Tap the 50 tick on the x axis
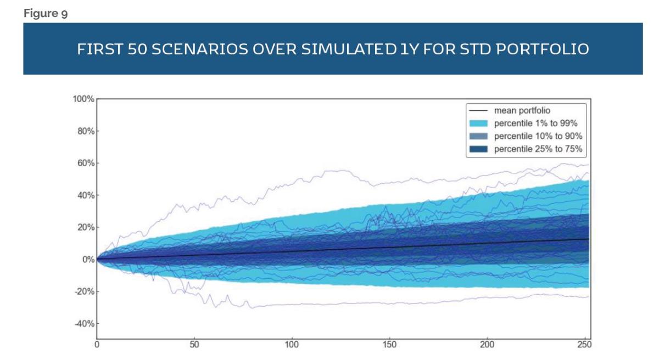[194, 345]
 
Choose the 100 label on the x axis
[291, 345]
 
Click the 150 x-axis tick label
[389, 345]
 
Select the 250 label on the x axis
[584, 345]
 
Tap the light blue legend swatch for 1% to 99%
[479, 123]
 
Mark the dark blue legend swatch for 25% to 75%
[479, 148]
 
